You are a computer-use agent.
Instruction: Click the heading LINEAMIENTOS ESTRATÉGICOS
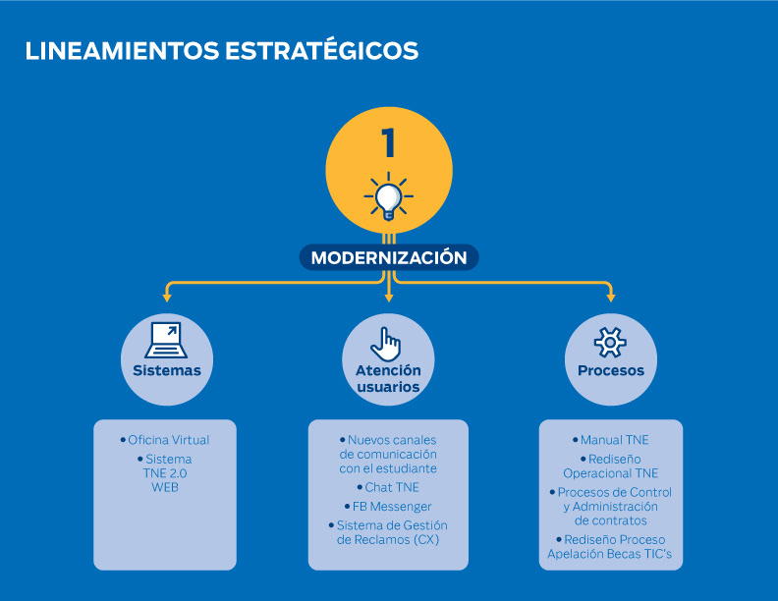(x=222, y=51)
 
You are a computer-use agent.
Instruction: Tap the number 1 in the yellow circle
(x=388, y=143)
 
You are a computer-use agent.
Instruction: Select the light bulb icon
(x=388, y=195)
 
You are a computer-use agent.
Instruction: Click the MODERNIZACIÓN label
(x=389, y=258)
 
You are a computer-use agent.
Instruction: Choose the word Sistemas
(x=167, y=371)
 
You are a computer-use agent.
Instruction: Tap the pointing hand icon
(x=388, y=343)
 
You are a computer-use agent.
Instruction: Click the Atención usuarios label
(x=388, y=378)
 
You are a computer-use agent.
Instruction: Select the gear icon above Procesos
(x=610, y=342)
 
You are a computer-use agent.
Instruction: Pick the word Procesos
(x=611, y=371)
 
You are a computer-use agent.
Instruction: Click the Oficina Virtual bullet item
(x=165, y=440)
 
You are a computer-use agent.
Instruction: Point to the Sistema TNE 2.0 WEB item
(x=165, y=472)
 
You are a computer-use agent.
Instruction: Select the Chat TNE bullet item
(x=388, y=487)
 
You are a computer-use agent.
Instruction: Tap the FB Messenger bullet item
(x=388, y=507)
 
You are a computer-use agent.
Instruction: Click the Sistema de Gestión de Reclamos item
(x=388, y=532)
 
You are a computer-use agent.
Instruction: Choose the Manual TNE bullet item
(x=611, y=440)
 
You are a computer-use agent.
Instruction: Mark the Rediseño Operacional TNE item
(x=611, y=466)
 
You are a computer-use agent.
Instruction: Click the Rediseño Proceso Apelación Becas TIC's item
(x=611, y=547)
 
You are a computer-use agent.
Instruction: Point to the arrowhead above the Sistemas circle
(x=167, y=295)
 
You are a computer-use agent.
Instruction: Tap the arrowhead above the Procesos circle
(x=610, y=295)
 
